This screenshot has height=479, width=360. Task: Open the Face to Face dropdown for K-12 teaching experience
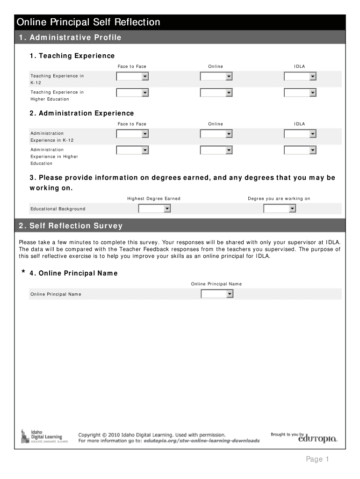click(132, 77)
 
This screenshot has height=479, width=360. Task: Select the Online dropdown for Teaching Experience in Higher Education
click(216, 93)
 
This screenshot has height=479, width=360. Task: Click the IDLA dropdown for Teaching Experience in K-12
click(300, 77)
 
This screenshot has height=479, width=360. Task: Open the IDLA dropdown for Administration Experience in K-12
click(300, 134)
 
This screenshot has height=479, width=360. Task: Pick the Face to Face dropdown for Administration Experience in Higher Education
click(132, 150)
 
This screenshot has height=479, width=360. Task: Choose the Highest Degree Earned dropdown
click(154, 209)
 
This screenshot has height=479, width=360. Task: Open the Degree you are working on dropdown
click(280, 209)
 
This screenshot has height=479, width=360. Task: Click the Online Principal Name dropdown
click(217, 294)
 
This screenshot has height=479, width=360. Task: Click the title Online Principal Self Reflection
click(88, 22)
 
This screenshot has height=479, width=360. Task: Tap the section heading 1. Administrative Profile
click(70, 37)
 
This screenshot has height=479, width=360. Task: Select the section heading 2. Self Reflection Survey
click(71, 226)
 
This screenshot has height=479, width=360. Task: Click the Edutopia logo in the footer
click(318, 439)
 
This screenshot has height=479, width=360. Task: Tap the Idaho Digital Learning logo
click(42, 436)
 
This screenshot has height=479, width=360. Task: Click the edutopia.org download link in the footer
click(202, 441)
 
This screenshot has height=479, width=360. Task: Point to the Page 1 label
click(318, 459)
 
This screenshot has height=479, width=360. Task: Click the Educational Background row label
click(58, 209)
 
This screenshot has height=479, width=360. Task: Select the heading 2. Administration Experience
click(81, 113)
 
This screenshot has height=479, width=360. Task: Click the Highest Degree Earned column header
click(154, 199)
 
